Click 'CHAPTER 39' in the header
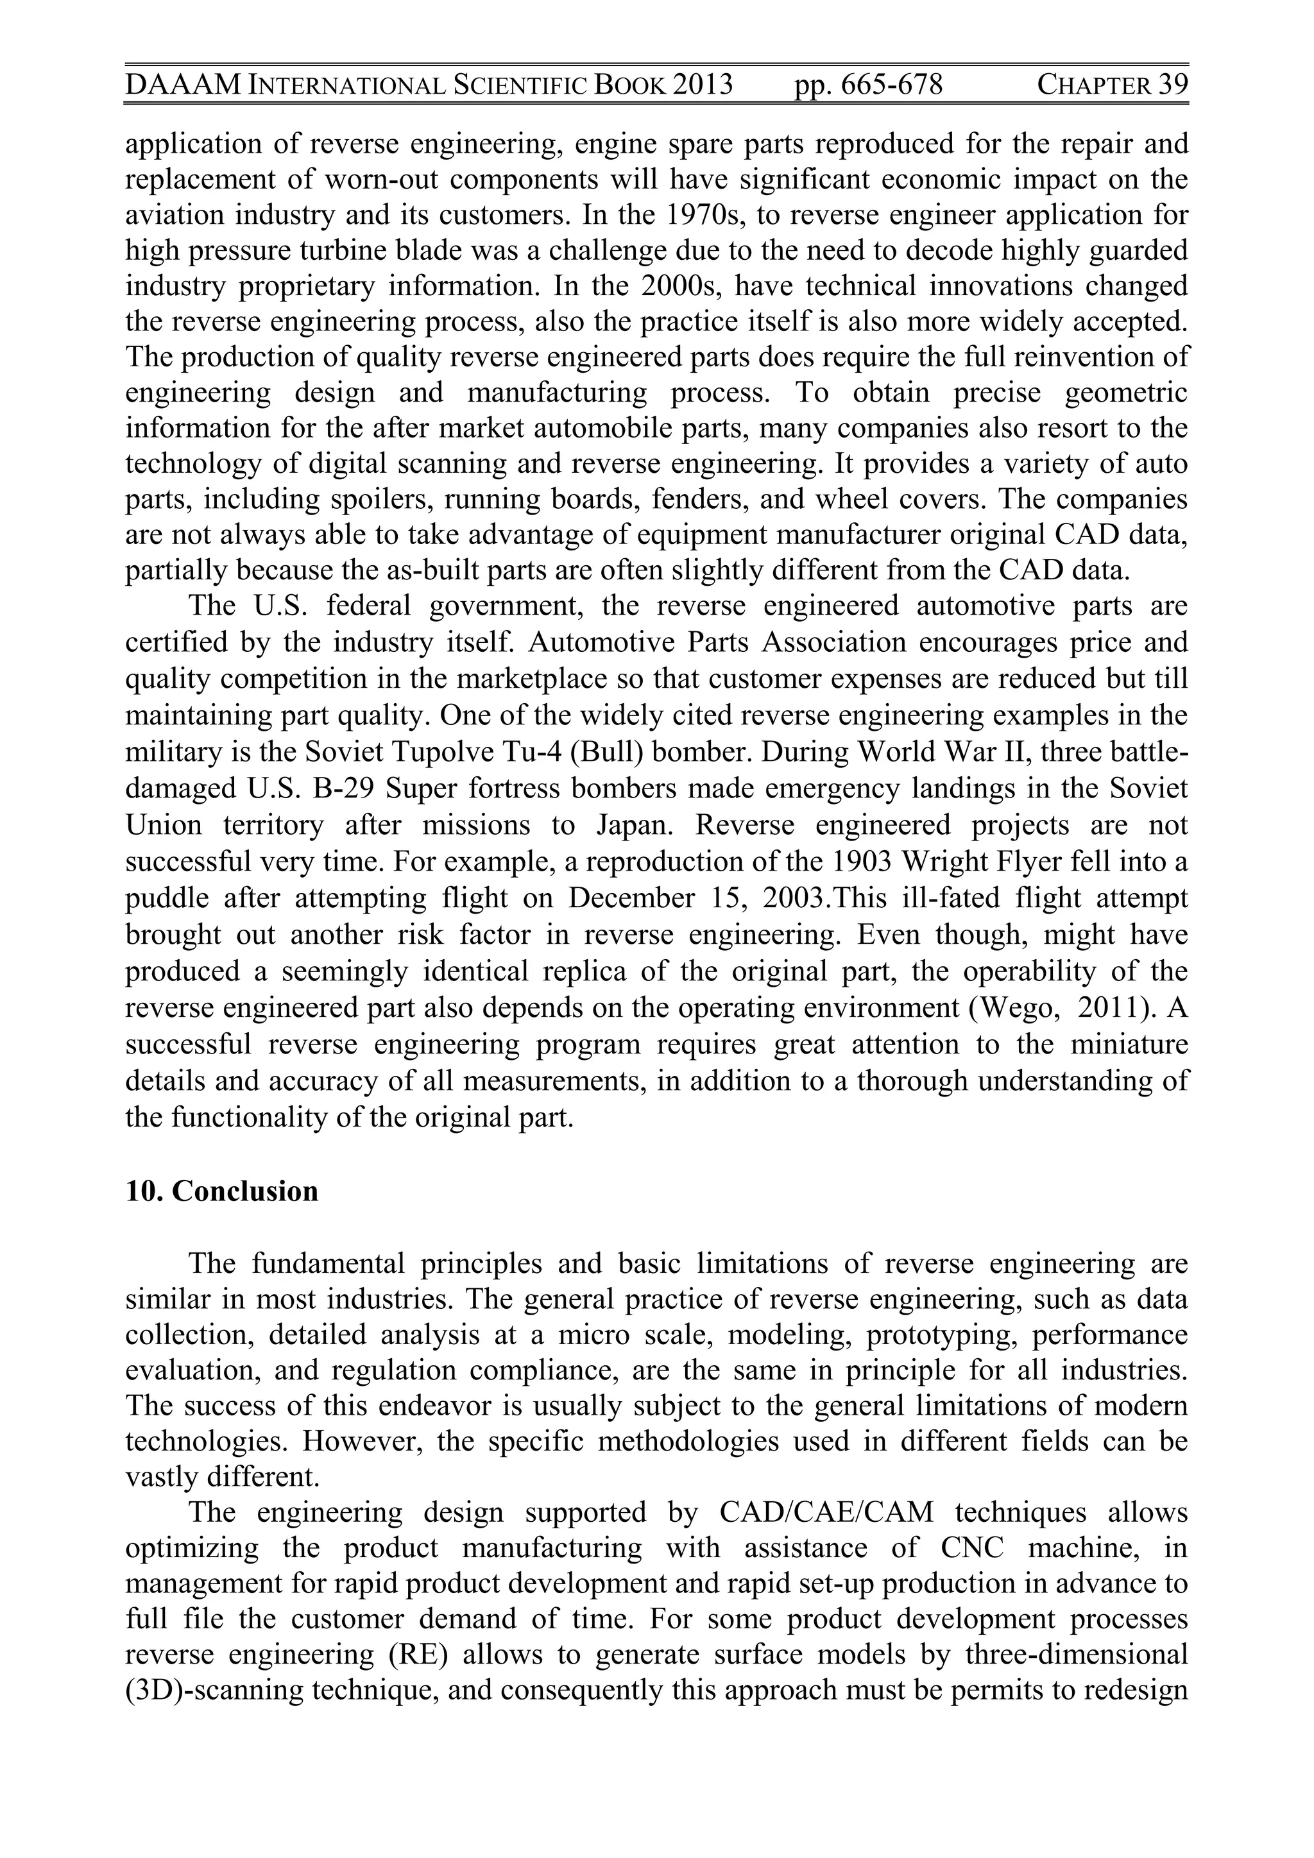1112,85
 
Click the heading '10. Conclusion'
222,1191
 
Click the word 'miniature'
1129,1044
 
